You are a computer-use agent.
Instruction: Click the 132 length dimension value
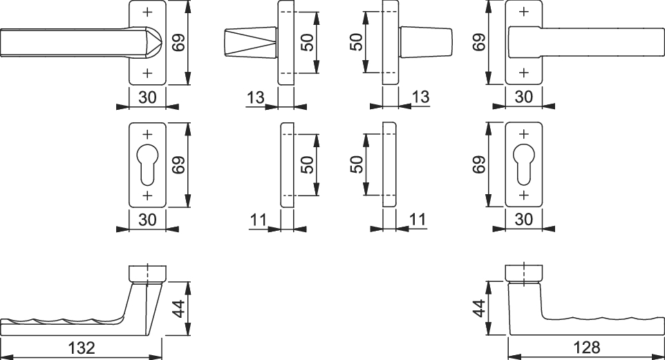click(82, 348)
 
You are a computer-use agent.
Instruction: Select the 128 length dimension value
click(586, 348)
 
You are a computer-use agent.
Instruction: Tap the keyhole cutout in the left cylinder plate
click(147, 165)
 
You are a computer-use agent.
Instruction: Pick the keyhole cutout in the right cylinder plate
click(524, 164)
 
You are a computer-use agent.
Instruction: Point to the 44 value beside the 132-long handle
click(180, 308)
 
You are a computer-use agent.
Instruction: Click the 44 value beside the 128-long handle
click(479, 308)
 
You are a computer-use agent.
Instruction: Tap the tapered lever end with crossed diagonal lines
click(250, 42)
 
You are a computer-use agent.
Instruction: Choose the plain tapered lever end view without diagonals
click(426, 42)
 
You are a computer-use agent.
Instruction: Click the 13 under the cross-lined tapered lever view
click(255, 97)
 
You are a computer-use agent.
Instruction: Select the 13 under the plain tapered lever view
click(420, 97)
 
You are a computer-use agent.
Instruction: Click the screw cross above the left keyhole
click(147, 135)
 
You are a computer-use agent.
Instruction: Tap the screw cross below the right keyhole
click(524, 195)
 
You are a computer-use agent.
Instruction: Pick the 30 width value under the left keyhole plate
click(147, 220)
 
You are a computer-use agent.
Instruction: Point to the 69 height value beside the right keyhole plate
click(479, 164)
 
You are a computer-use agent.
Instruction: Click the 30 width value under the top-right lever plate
click(524, 97)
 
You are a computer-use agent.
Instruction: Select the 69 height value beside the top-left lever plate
click(180, 42)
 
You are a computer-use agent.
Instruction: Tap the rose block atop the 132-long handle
click(147, 274)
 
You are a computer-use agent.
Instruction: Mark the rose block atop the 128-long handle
click(524, 272)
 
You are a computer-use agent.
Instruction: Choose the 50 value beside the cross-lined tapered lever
click(308, 42)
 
